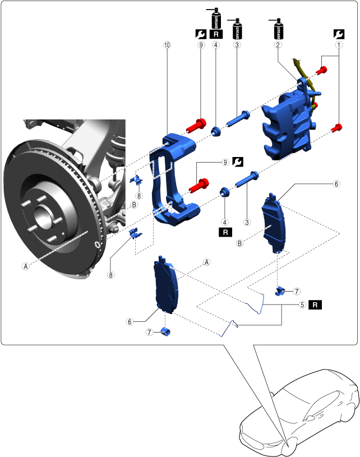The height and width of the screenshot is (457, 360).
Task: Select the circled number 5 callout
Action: click(302, 305)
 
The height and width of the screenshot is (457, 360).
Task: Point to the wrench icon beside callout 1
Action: click(338, 34)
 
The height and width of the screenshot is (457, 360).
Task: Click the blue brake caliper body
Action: click(286, 126)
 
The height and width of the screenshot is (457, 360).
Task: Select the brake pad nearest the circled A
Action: click(166, 286)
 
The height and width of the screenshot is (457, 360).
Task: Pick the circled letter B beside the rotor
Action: click(134, 205)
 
